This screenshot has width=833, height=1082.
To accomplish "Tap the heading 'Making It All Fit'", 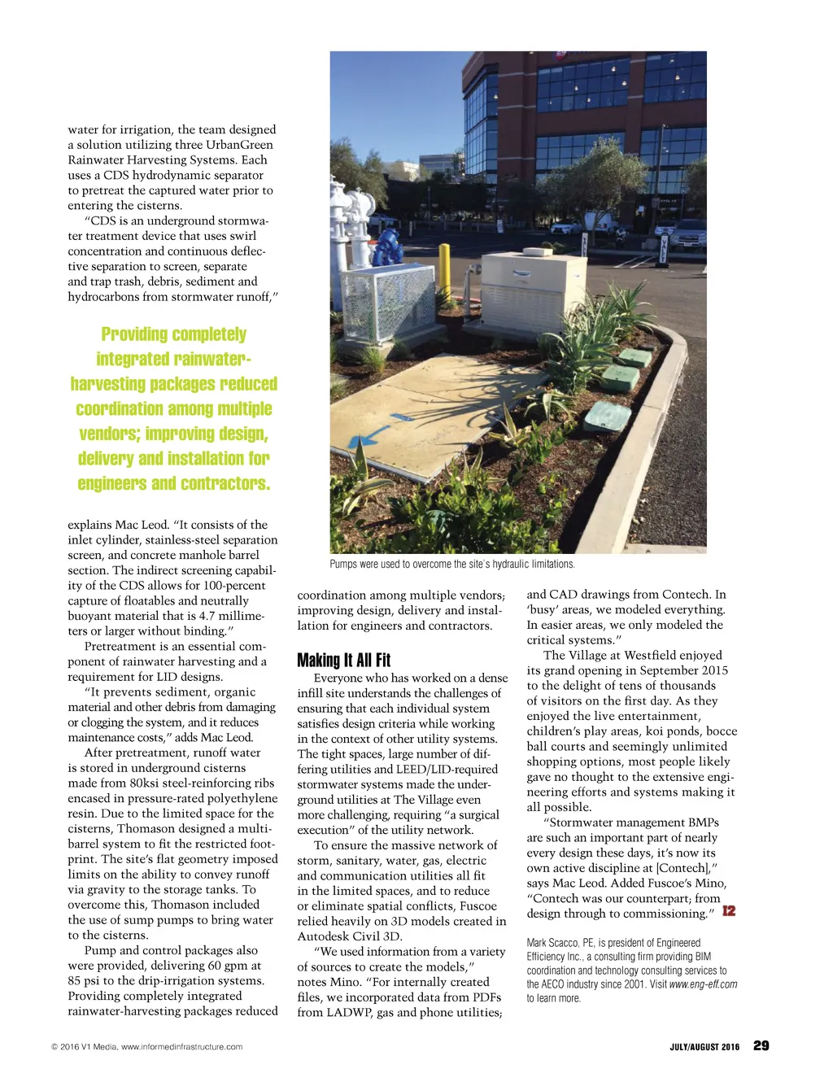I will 343,660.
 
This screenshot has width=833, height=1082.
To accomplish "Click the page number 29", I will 761,1046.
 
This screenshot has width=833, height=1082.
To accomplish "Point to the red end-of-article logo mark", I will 729,911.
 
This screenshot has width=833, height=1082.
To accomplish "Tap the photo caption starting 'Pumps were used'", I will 451,564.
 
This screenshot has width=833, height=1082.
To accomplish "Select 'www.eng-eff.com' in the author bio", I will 703,984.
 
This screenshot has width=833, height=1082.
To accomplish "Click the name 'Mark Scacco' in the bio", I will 552,943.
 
